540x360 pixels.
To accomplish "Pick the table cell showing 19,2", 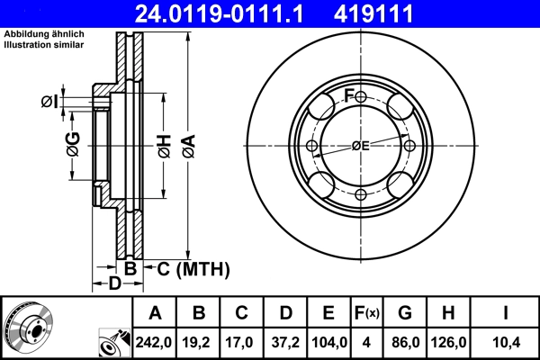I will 199,342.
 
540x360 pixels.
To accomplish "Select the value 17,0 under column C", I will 242,342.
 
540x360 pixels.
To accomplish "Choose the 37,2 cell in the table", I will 285,342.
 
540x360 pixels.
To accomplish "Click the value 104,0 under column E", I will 328,342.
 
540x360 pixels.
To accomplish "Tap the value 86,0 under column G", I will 405,342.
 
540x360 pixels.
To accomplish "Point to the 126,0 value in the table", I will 448,342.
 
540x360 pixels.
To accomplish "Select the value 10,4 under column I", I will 506,342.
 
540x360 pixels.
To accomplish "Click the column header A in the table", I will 156,314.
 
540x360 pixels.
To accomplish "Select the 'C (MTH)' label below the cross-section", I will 193,269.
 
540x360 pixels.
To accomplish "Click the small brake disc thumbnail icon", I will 29,328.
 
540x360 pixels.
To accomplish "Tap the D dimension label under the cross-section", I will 114,284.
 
